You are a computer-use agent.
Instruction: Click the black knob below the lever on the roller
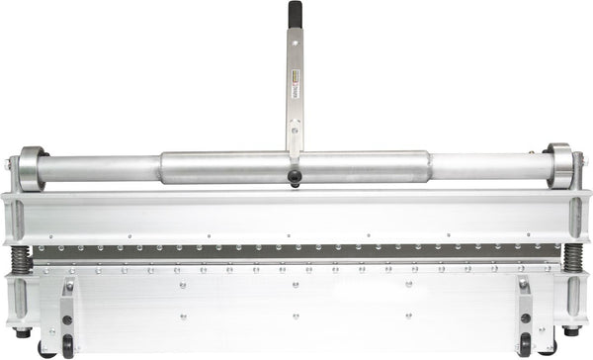tap(294, 177)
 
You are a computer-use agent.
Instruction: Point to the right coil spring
tap(572, 260)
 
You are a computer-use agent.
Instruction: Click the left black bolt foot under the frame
tap(22, 331)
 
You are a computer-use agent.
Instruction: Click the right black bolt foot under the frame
tap(570, 331)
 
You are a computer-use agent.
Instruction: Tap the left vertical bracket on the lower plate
tap(67, 315)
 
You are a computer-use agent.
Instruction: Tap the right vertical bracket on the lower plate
tap(524, 315)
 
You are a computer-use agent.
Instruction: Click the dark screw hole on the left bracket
tap(67, 318)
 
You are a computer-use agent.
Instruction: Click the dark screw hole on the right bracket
tap(524, 318)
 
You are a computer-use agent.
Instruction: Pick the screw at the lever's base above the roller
tap(294, 126)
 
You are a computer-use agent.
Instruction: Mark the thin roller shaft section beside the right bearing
tap(489, 165)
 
